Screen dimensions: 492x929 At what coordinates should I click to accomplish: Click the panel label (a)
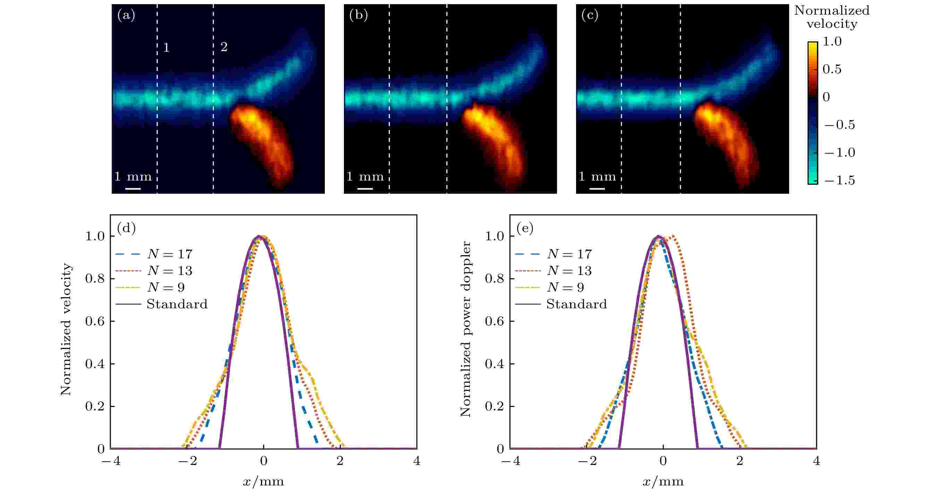(x=126, y=16)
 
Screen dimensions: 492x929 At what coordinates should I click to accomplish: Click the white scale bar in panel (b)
(x=365, y=188)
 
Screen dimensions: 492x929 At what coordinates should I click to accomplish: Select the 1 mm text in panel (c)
(x=597, y=176)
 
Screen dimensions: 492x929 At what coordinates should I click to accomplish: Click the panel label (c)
(x=590, y=16)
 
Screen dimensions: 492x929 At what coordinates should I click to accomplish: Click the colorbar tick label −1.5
(x=839, y=180)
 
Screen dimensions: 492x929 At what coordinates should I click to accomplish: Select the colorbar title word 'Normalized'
(x=831, y=10)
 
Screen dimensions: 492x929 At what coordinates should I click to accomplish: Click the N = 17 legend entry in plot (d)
(x=169, y=254)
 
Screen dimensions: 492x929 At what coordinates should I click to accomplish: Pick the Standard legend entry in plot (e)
(x=576, y=304)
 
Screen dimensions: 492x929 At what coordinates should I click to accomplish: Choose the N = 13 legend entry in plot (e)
(x=569, y=271)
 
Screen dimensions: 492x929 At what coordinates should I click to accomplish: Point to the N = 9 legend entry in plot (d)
(x=166, y=287)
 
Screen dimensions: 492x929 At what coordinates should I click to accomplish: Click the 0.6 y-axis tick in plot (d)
(x=94, y=322)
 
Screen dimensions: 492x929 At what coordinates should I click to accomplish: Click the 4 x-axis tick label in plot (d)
(x=416, y=461)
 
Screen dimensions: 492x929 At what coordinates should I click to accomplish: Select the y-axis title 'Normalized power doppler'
(x=466, y=329)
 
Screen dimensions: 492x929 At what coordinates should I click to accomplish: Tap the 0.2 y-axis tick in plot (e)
(x=494, y=407)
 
